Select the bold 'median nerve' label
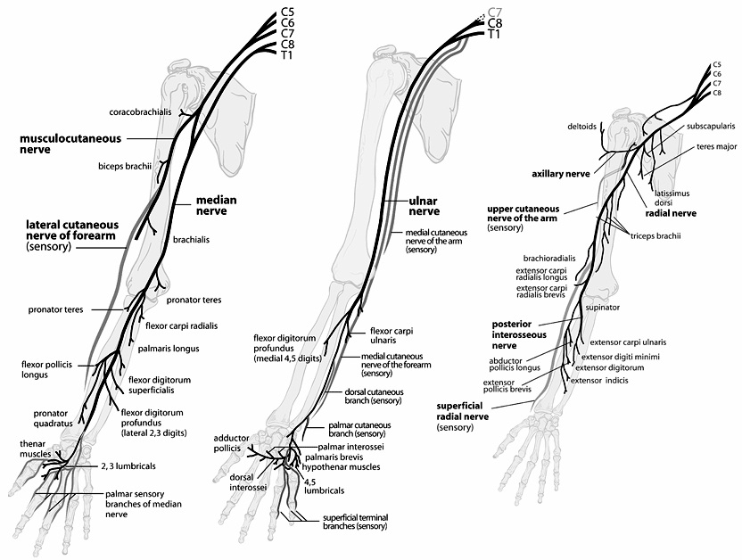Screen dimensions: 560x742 click(217, 207)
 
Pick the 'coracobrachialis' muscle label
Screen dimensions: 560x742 click(141, 112)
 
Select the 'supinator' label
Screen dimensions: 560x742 click(603, 308)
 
